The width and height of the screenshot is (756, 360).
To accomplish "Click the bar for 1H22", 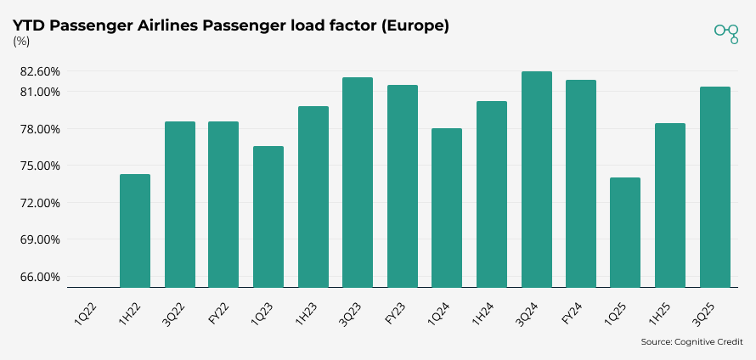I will (135, 231).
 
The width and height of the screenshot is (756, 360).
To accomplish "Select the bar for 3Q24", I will (536, 179).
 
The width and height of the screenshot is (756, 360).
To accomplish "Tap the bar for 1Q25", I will (625, 233).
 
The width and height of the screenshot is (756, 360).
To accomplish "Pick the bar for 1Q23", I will (268, 217).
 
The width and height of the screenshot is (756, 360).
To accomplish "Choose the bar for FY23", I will (403, 186).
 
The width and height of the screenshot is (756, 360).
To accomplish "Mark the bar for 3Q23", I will (358, 183).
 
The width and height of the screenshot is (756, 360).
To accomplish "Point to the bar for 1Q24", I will (447, 208).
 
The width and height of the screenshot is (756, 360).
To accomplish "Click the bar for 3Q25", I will (714, 187).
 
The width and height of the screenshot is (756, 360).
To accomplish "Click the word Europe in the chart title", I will (415, 26).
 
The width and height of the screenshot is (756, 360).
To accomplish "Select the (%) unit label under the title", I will (21, 42).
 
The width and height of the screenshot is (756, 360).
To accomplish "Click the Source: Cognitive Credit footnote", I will (692, 342).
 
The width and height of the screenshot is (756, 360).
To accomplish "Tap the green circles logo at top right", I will (726, 32).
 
